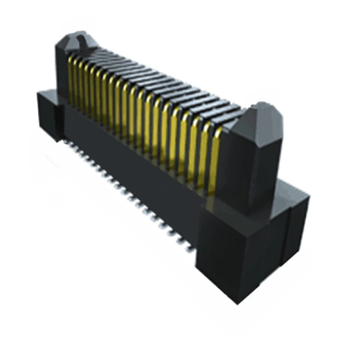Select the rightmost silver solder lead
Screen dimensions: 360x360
coord(189,243)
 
